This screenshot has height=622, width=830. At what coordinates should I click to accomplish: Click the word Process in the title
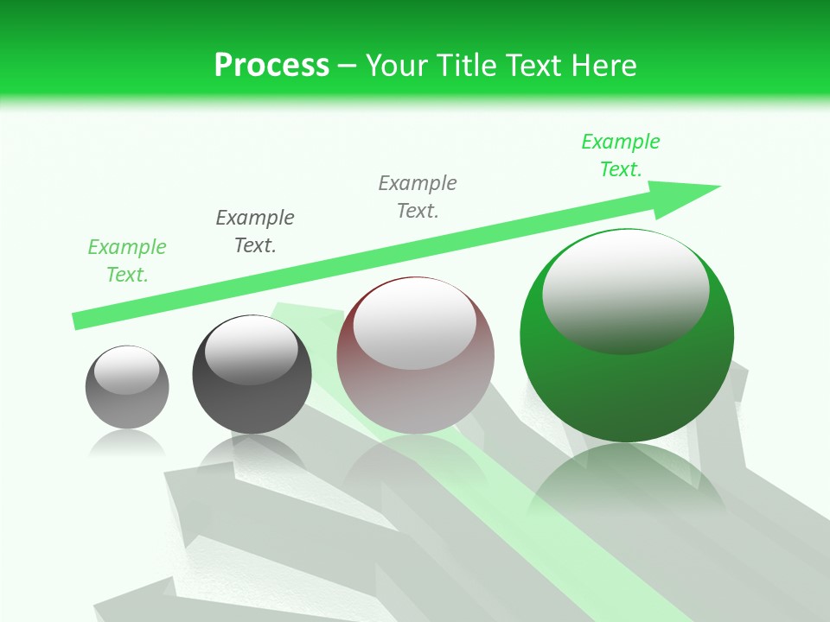tap(271, 65)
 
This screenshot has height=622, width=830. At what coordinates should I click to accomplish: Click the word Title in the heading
tap(467, 65)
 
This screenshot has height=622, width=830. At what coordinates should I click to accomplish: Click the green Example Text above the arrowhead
tap(620, 155)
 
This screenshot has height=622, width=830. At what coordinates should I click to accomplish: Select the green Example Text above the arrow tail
tap(127, 261)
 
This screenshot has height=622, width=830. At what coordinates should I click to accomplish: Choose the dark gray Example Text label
tap(255, 232)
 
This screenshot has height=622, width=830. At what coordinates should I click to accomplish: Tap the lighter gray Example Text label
tap(418, 197)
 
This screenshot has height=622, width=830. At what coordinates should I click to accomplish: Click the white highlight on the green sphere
tap(625, 289)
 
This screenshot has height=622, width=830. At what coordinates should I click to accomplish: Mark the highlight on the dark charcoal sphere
tap(251, 348)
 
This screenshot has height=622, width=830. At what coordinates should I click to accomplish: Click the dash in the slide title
tap(348, 66)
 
